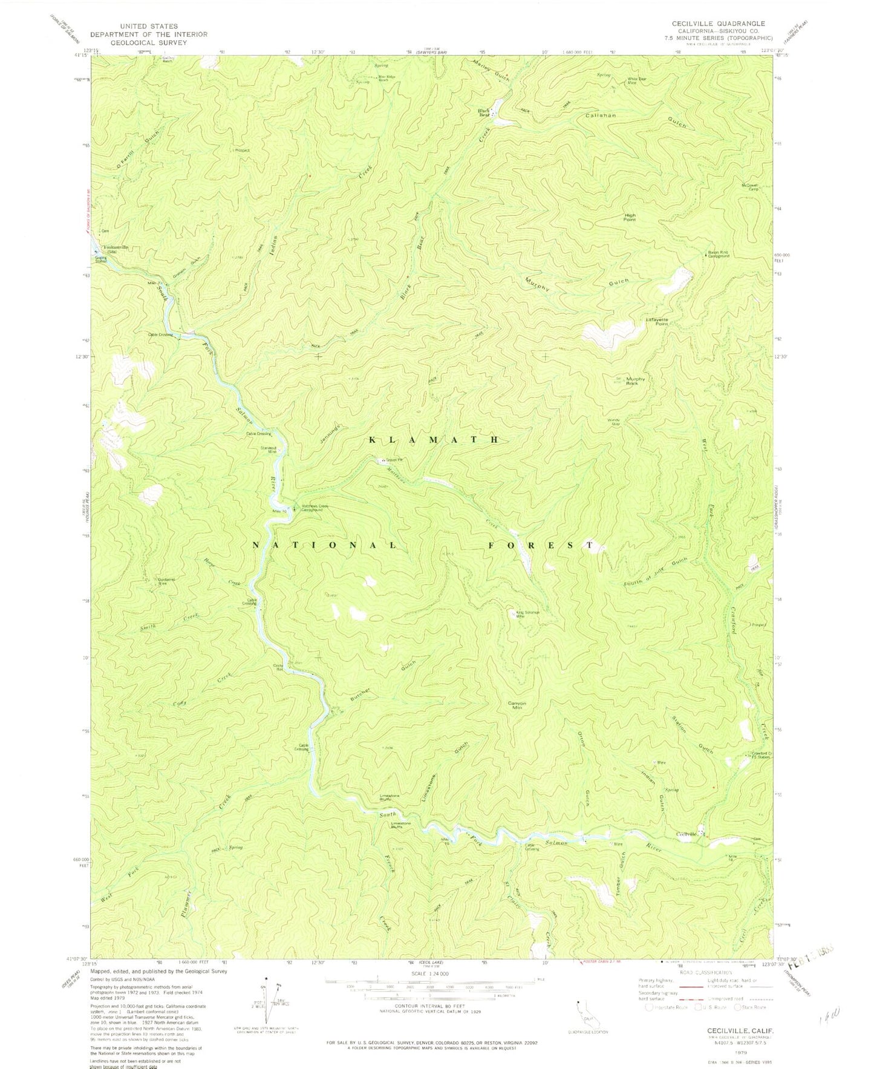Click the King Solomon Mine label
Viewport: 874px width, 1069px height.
click(527, 614)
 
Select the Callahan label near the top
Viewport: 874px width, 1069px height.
click(600, 116)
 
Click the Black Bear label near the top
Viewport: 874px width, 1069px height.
click(483, 112)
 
